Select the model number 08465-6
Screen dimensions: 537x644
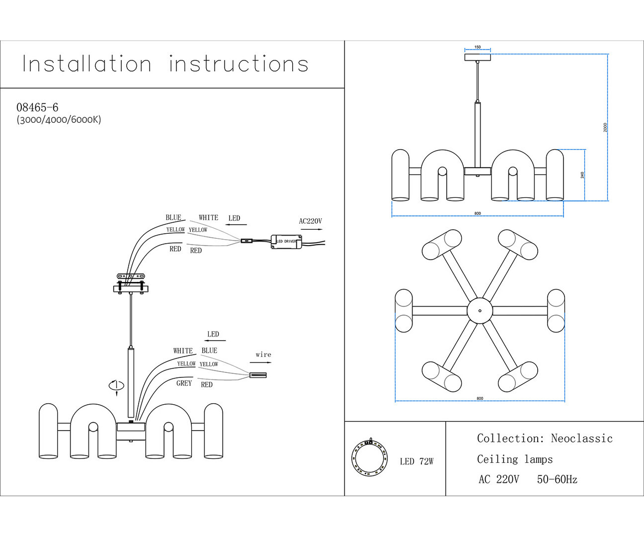(x=37, y=107)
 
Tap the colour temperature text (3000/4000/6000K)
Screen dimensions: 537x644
(x=59, y=120)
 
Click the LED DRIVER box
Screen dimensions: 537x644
(x=286, y=241)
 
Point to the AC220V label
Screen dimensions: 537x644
(x=311, y=221)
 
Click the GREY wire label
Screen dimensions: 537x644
(x=184, y=383)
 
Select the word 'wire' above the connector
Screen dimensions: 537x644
(x=263, y=355)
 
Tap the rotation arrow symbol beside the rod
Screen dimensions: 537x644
(x=116, y=386)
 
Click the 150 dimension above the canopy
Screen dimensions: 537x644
(x=478, y=47)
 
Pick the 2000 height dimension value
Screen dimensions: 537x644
(x=605, y=127)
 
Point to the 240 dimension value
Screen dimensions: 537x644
(x=582, y=175)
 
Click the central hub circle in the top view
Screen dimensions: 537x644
(x=480, y=310)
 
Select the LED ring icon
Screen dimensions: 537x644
(x=369, y=458)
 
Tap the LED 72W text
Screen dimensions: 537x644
(x=416, y=461)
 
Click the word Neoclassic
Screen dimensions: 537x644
(x=581, y=439)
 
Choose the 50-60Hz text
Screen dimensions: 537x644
(x=557, y=480)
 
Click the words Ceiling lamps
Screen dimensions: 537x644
(x=515, y=459)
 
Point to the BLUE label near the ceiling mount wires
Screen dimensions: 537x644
(x=173, y=217)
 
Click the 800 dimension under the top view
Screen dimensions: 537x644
(x=480, y=398)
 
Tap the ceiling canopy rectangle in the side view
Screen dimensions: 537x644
(x=478, y=57)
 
